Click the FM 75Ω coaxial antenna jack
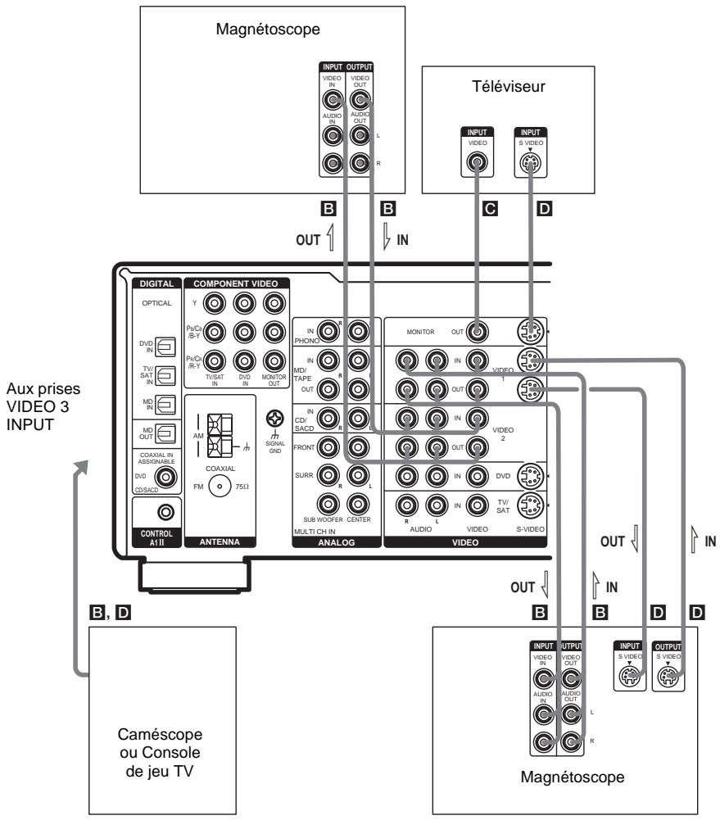(219, 485)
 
